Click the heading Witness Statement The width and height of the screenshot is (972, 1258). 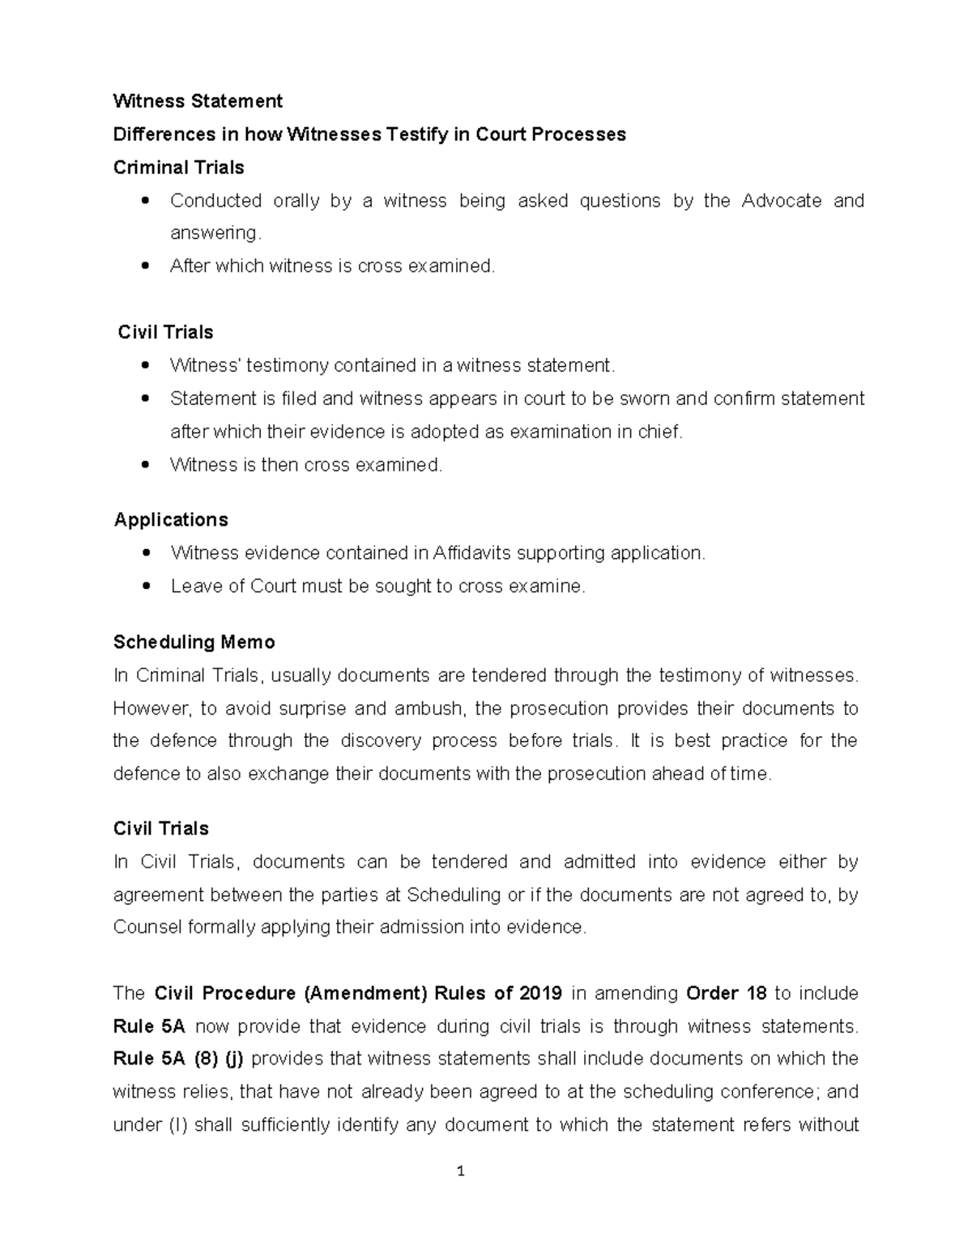198,101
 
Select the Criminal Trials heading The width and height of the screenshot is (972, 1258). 178,168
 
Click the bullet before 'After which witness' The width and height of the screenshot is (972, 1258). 145,266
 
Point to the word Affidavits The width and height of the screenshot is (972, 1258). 472,553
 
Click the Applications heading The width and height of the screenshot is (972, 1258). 171,520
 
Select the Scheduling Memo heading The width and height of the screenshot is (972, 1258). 194,642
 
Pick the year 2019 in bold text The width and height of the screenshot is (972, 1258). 540,993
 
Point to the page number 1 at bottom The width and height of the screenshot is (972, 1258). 461,1171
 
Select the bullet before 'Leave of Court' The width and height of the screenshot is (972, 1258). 145,586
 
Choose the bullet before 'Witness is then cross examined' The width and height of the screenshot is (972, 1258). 145,465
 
